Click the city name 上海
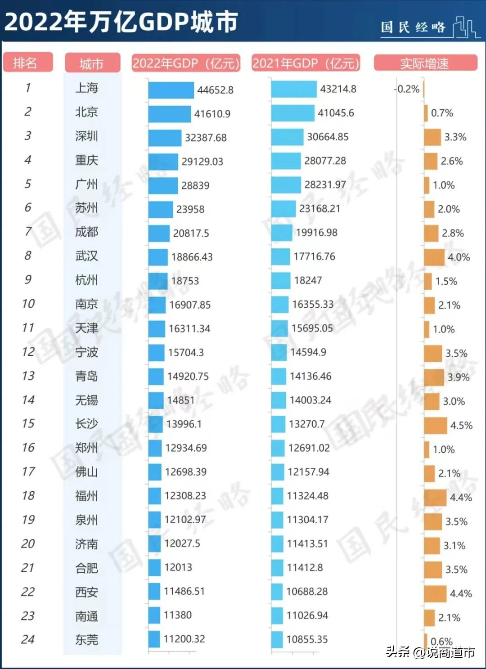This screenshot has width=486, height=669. (x=86, y=88)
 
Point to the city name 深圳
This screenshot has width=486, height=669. (x=86, y=136)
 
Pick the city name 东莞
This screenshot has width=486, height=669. (x=86, y=639)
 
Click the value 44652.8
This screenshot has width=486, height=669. (x=215, y=90)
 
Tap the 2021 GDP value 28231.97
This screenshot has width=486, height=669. (x=325, y=185)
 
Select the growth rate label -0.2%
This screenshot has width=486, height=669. (x=408, y=89)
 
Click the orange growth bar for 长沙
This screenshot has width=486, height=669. (x=435, y=425)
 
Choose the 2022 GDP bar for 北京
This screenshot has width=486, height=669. (x=169, y=114)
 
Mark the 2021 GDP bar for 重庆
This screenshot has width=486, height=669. (x=286, y=161)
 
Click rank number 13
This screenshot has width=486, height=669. (x=28, y=376)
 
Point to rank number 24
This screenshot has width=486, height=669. (x=28, y=639)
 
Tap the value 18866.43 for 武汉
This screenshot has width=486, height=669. (x=192, y=257)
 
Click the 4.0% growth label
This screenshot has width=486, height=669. (x=459, y=257)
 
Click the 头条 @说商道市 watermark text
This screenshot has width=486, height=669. (x=430, y=652)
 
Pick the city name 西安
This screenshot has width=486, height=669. (x=86, y=592)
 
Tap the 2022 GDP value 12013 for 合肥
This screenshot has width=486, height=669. (x=178, y=567)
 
